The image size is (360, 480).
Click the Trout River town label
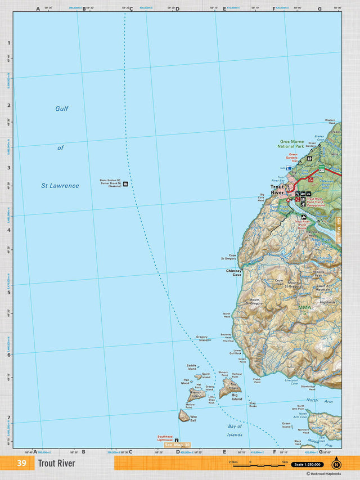coord(277,190)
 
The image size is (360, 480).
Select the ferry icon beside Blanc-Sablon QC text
coord(125,183)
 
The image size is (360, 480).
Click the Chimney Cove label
coord(233,273)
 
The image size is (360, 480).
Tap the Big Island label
coord(237,397)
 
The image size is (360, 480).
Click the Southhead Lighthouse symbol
coord(177,440)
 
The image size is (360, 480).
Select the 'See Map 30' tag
coord(177,445)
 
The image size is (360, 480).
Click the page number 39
coord(21,464)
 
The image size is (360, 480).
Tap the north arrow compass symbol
coord(336,464)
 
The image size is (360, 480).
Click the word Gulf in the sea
coord(62,109)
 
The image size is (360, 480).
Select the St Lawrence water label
coord(60,186)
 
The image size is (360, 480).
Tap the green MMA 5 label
coord(305,309)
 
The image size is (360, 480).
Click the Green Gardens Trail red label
coord(293,157)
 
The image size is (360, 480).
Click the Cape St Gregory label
coord(229,257)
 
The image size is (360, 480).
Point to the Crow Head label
coord(278,282)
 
